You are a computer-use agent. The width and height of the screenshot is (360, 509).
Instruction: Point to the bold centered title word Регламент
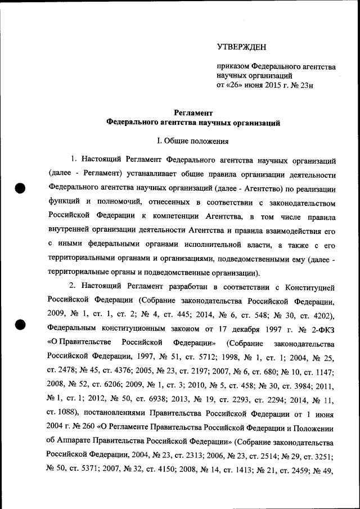(x=193, y=113)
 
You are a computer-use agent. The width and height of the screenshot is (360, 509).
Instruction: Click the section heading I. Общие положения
(x=193, y=141)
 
